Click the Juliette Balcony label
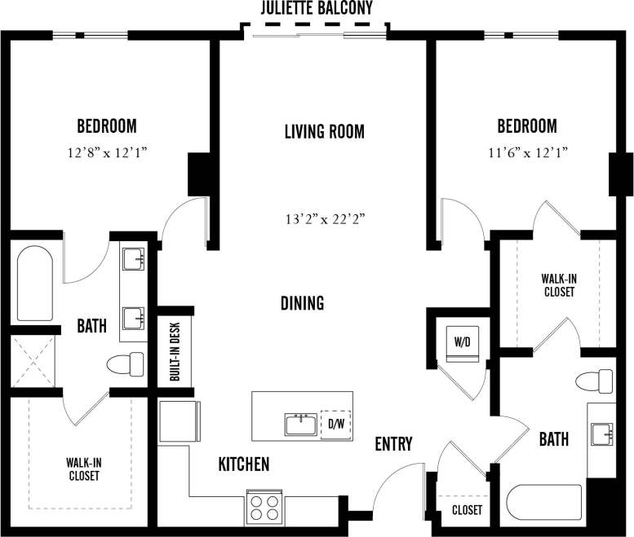pos(317,10)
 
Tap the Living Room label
pos(324,131)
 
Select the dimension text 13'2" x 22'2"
pos(324,218)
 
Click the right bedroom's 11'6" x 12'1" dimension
pos(527,152)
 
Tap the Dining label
pos(302,303)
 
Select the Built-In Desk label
pos(175,351)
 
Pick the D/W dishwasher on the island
pos(336,424)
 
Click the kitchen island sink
pos(301,425)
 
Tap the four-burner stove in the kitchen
pos(264,508)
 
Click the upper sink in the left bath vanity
pos(132,260)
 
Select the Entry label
pos(393,444)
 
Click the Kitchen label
pos(243,464)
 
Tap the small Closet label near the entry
pos(467,510)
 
